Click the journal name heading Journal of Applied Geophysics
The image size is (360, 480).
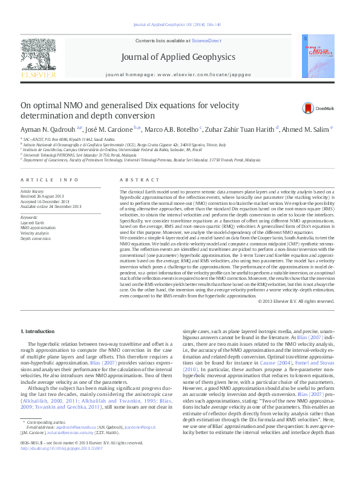(x=178, y=57)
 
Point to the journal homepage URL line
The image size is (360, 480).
(x=178, y=73)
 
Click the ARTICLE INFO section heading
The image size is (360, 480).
(x=50, y=180)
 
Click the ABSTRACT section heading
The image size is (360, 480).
(x=132, y=180)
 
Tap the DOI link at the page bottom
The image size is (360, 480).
(x=61, y=465)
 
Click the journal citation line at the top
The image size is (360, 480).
(x=180, y=25)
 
